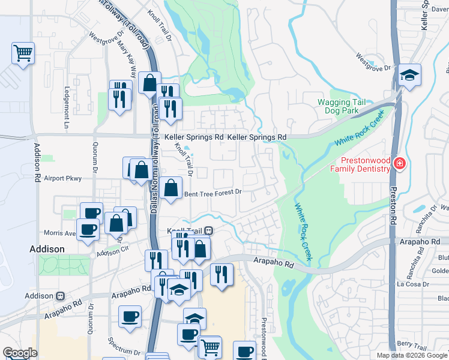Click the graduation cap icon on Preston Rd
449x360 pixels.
coord(410,76)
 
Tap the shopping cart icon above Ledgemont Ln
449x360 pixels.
coord(23,53)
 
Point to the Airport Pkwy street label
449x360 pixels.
coord(62,178)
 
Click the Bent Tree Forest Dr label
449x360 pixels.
coord(212,193)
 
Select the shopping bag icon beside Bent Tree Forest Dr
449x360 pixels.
coord(171,188)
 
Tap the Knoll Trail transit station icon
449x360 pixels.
coord(209,230)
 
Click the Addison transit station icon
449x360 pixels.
coord(60,296)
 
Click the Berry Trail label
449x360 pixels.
coord(411,344)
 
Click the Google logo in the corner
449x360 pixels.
coord(20,353)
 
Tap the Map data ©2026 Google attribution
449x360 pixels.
coord(411,355)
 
